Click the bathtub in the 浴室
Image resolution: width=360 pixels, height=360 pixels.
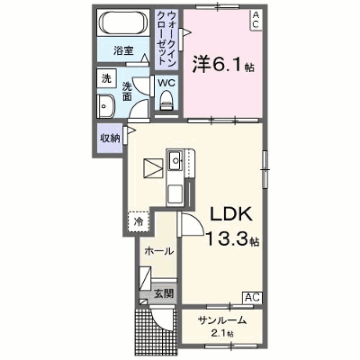pos(123,22)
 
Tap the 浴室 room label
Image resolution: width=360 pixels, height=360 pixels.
pos(123,50)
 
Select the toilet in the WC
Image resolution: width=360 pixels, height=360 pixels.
pos(166,101)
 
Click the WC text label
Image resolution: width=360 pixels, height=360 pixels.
pos(166,83)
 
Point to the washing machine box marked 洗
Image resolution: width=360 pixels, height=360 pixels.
pos(106,78)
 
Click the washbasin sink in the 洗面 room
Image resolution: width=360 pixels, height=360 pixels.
pos(105,105)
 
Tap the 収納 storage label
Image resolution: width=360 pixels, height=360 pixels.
pos(110,139)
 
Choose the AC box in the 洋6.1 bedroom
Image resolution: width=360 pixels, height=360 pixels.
pos(256,20)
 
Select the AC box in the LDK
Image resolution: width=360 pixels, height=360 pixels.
pos(252,297)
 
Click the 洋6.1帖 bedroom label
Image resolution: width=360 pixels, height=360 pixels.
pos(223,65)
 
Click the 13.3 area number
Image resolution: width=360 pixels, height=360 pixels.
pos(227,239)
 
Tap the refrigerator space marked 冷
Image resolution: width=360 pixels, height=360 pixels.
pos(139,221)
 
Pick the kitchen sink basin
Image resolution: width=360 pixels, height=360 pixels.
pos(175,161)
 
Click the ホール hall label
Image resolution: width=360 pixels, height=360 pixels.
pos(159,251)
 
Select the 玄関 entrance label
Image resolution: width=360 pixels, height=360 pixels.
pos(164,293)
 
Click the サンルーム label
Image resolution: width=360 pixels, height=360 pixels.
pos(221,320)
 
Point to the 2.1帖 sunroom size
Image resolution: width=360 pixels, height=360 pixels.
pos(222,333)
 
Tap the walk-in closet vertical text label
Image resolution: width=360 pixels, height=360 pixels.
pos(166,39)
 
